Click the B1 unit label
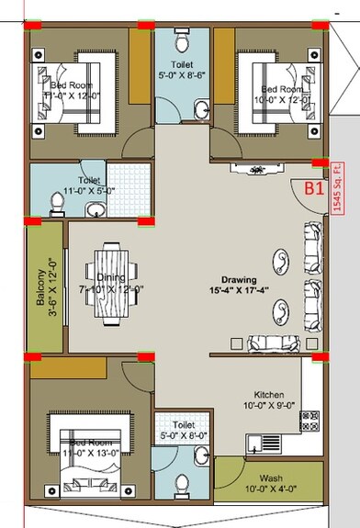pos(315,190)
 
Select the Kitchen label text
pos(259,393)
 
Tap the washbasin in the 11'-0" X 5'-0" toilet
pos(95,209)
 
